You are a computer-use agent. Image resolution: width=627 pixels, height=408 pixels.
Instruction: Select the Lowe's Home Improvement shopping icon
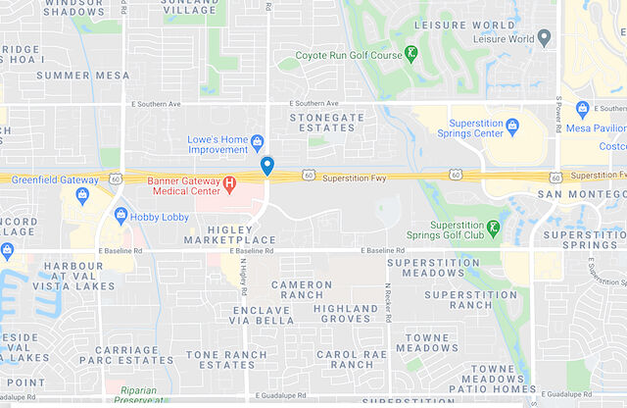pyautogui.click(x=258, y=141)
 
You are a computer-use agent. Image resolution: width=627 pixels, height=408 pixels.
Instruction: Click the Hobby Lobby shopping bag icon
pyautogui.click(x=121, y=215)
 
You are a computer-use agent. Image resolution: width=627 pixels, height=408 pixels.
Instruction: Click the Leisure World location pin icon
pyautogui.click(x=545, y=39)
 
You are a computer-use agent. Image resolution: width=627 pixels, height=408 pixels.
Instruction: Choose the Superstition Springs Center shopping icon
pyautogui.click(x=512, y=127)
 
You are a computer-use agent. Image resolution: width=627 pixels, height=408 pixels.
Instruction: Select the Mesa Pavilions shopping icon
pyautogui.click(x=583, y=109)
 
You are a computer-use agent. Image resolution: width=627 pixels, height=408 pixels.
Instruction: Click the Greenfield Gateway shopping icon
pyautogui.click(x=82, y=193)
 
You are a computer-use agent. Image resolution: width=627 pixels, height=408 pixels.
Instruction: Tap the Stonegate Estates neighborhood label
pyautogui.click(x=326, y=122)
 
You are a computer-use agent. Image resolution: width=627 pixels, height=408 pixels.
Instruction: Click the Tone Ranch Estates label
pyautogui.click(x=226, y=359)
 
